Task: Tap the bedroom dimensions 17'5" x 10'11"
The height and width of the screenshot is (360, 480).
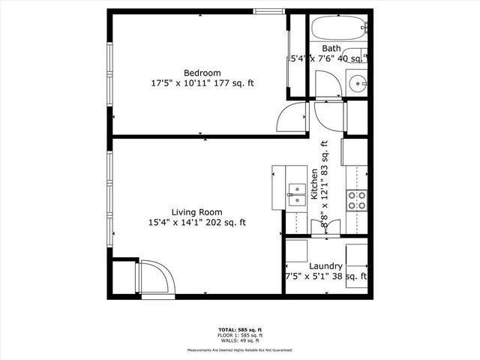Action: pos(181,83)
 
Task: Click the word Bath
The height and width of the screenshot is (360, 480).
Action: pos(331,48)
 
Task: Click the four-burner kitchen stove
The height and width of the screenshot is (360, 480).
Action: pos(357,199)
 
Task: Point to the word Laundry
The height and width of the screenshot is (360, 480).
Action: pos(326,266)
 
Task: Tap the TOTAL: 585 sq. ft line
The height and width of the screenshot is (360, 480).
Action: pos(239,328)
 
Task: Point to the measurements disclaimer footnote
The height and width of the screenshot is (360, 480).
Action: pos(239,349)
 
